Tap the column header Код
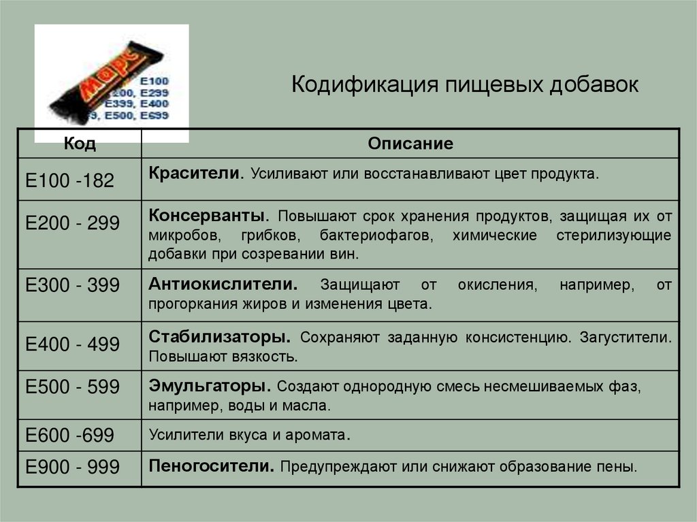tap(80, 144)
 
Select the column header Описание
tap(410, 144)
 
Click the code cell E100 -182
tap(70, 180)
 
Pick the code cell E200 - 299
tap(72, 223)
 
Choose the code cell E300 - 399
tap(72, 286)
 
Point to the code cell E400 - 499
tap(72, 344)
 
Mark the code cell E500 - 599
tap(72, 387)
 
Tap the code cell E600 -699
tap(70, 436)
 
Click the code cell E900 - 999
tap(72, 467)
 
